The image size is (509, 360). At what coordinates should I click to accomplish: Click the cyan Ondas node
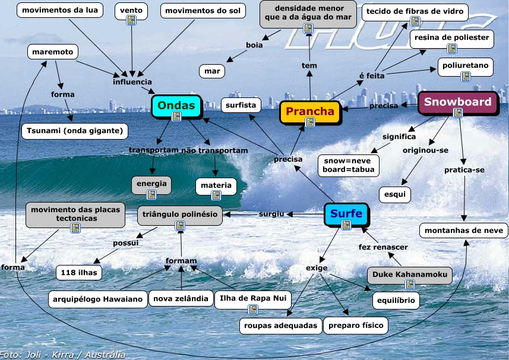[176, 106]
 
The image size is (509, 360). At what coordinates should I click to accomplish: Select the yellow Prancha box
[310, 112]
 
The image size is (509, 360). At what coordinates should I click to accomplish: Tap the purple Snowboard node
[457, 102]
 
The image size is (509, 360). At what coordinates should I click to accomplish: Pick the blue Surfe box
[346, 214]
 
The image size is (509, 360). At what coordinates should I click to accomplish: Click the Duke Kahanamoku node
[409, 275]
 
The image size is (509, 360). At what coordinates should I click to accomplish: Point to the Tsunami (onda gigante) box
[74, 131]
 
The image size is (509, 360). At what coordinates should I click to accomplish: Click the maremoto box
[53, 52]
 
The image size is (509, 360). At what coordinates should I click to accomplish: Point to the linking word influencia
[132, 82]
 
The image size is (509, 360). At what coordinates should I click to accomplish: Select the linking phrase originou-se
[425, 150]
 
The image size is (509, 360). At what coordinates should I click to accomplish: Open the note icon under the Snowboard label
[458, 113]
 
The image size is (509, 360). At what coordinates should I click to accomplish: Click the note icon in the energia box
[151, 194]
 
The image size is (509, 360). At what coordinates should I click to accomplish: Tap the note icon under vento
[131, 21]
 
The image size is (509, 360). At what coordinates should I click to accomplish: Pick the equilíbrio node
[396, 301]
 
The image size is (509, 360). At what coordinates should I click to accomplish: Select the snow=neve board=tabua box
[349, 165]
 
